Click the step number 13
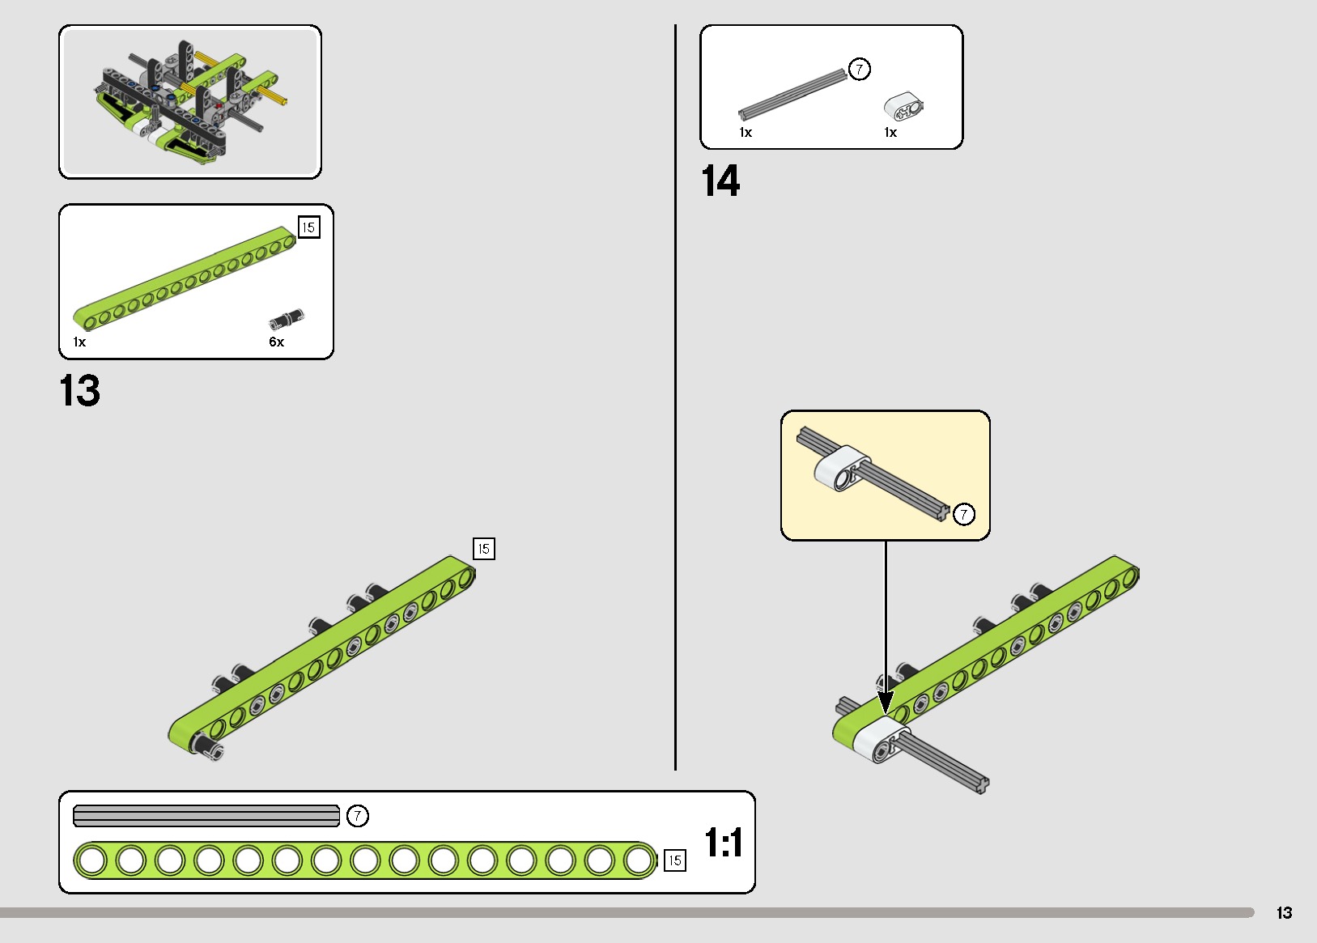click(79, 391)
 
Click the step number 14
click(720, 181)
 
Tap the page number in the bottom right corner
click(1284, 913)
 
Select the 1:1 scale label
click(723, 843)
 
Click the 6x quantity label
click(277, 342)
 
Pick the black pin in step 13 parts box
click(287, 318)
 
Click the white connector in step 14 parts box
click(903, 107)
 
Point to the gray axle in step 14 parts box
click(792, 94)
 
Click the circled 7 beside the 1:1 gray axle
click(357, 816)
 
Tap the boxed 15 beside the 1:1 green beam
click(674, 860)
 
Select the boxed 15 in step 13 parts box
click(308, 227)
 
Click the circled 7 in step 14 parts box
click(859, 69)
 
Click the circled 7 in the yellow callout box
click(963, 514)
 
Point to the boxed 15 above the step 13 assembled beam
click(483, 549)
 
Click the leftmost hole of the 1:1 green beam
click(91, 860)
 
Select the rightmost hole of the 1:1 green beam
click(639, 860)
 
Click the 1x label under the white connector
click(890, 133)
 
